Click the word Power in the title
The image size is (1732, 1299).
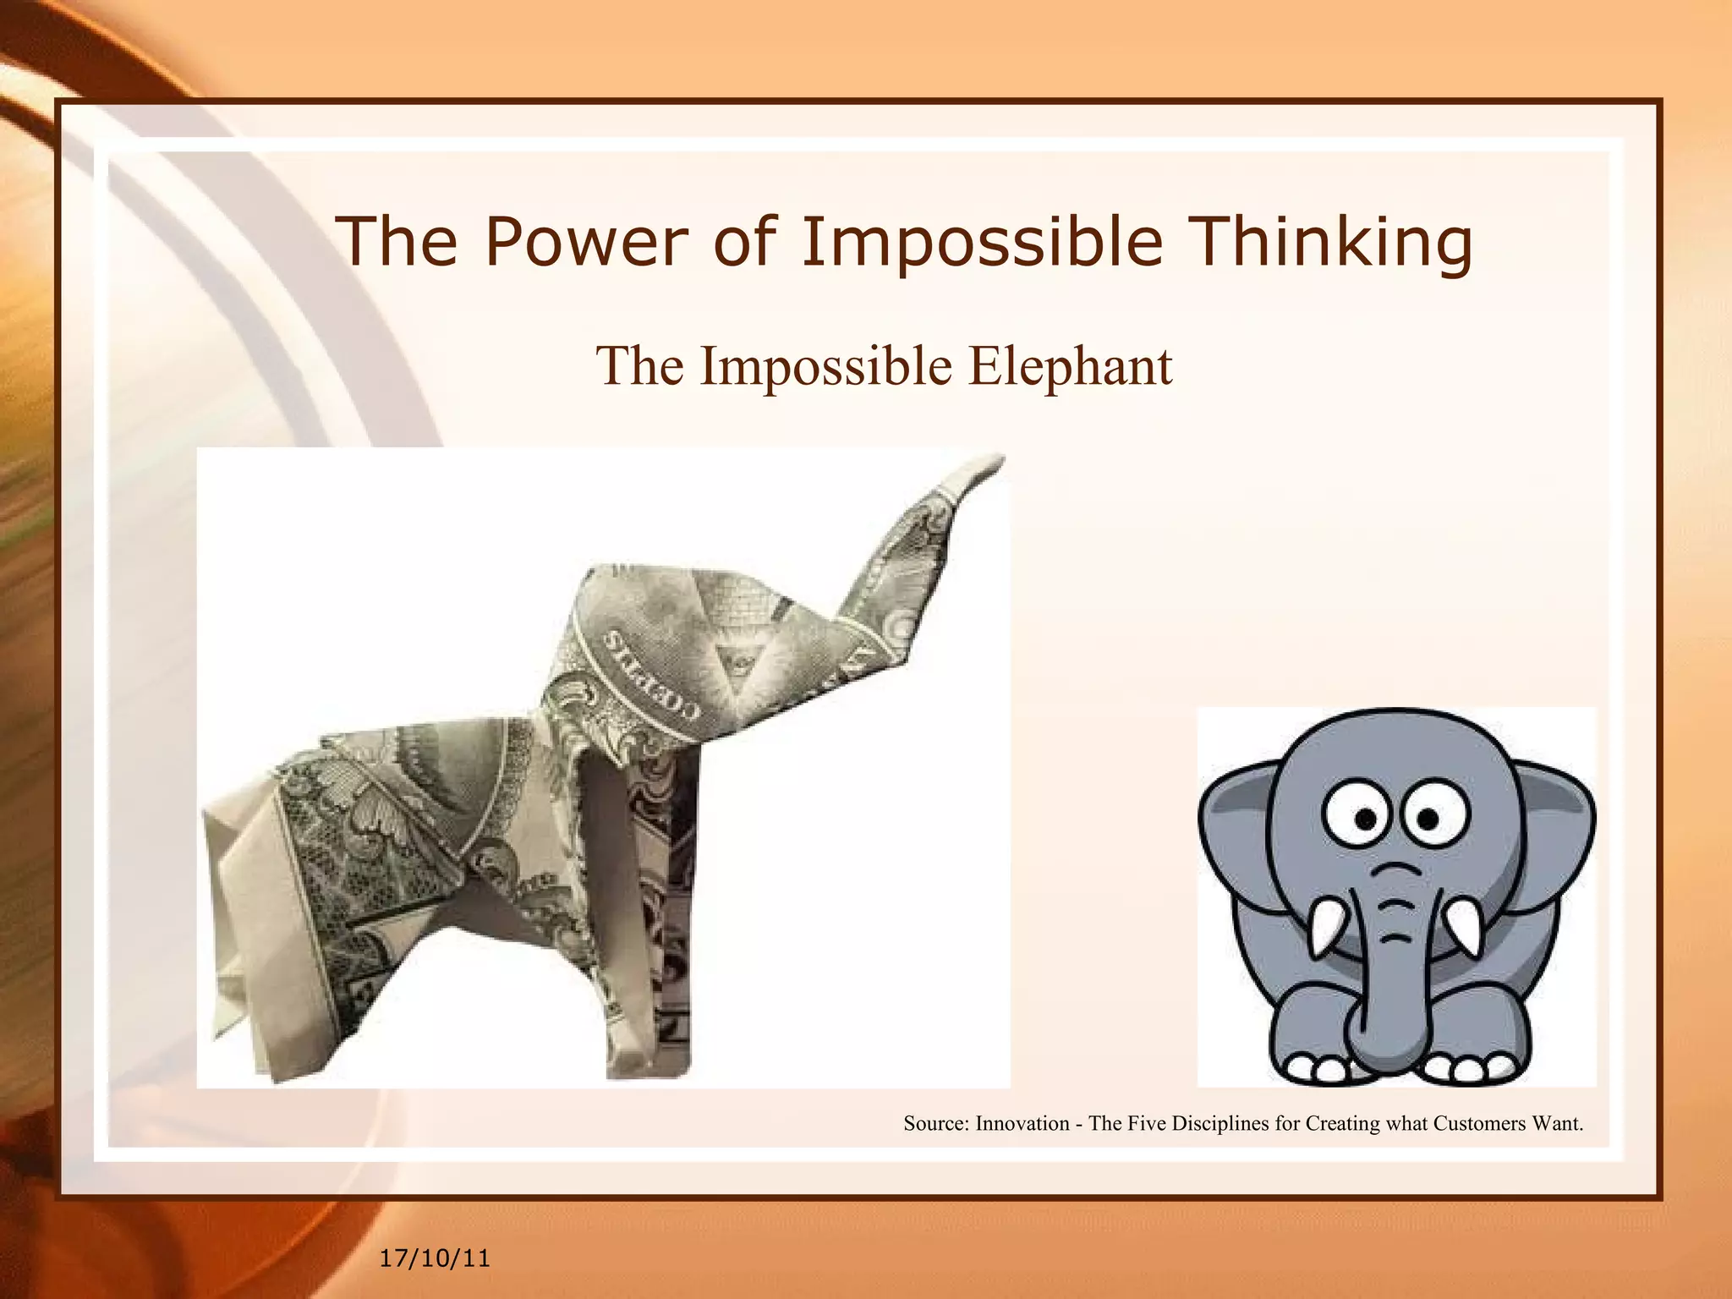coord(584,241)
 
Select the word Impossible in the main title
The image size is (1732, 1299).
coord(982,241)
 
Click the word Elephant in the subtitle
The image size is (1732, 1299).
coord(1070,366)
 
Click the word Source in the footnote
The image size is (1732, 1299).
coord(935,1124)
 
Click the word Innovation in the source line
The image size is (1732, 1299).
coord(1022,1124)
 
